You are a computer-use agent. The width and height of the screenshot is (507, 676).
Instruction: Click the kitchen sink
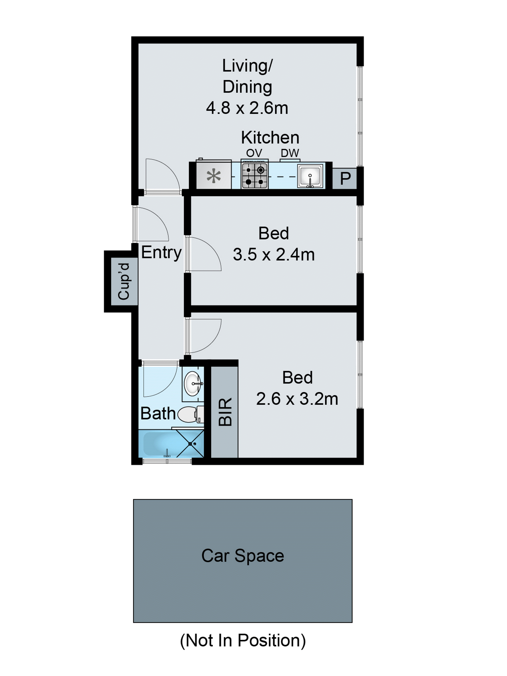tap(310, 176)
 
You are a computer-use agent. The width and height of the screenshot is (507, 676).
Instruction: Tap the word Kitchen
tap(270, 138)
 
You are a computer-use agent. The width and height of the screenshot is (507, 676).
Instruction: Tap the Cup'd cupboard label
tap(124, 281)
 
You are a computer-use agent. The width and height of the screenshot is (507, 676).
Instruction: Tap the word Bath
tap(158, 413)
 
